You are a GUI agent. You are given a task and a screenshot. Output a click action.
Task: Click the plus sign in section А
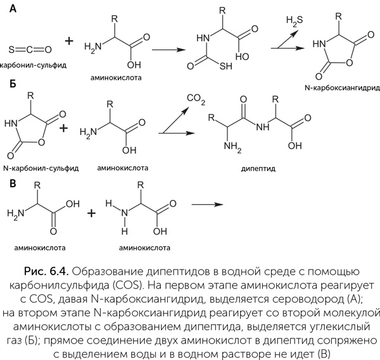[69, 42]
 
